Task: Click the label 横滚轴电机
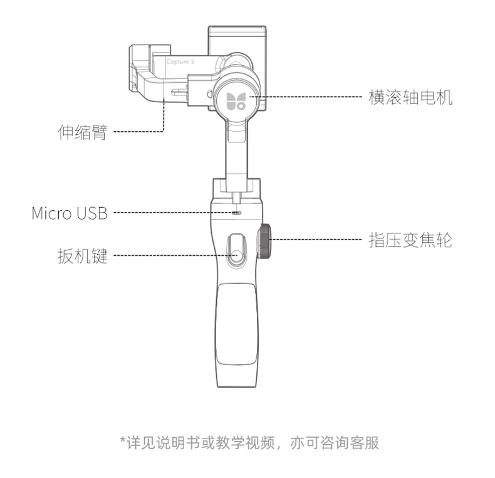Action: [410, 97]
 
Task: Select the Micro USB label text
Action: [70, 213]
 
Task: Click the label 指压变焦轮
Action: [410, 240]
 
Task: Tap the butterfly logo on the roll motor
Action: [237, 99]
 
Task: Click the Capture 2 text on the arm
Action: [180, 61]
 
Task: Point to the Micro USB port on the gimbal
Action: [236, 213]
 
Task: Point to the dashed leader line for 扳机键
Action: [169, 255]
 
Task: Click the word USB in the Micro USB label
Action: [92, 213]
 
